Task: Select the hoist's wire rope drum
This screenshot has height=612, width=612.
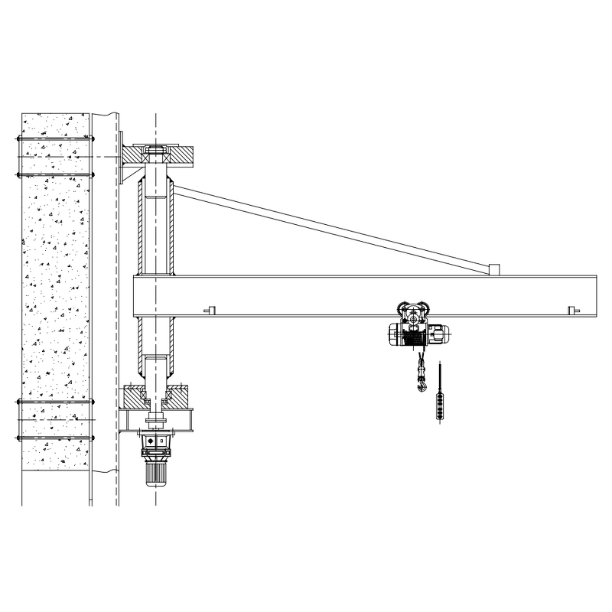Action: click(411, 334)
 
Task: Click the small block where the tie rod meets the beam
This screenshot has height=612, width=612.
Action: click(494, 269)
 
